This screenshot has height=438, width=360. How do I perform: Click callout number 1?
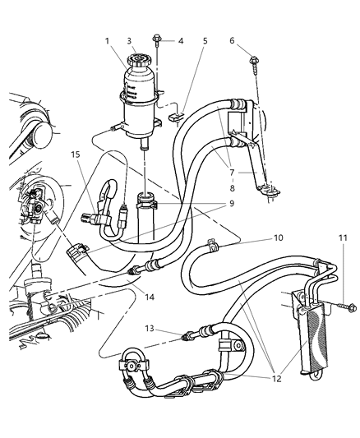(105, 40)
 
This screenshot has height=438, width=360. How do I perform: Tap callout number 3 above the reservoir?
(129, 40)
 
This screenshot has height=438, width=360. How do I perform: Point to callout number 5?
(205, 40)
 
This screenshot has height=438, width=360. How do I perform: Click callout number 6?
(233, 40)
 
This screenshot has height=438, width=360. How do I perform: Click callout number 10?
(278, 238)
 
